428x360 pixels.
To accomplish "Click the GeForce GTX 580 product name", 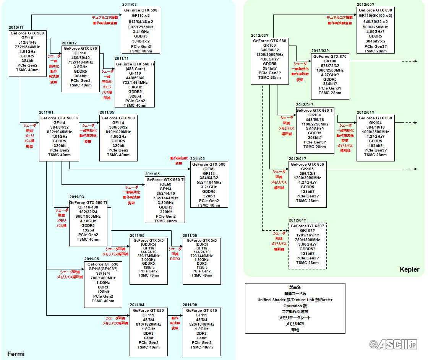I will (27, 33).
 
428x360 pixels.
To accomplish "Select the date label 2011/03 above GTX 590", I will (130, 4).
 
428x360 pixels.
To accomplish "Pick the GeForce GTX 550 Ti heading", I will (88, 202).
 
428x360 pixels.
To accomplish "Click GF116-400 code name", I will (88, 207).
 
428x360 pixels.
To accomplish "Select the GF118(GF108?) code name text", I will (103, 269).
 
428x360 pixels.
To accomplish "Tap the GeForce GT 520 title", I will (149, 310).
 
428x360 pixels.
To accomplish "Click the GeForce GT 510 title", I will (201, 310).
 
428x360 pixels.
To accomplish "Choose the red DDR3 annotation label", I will (175, 259).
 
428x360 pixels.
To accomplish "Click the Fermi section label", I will (16, 354).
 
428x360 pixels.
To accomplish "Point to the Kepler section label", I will (409, 269).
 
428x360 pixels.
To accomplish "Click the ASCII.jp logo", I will (393, 344).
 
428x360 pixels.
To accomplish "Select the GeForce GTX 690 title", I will (376, 10).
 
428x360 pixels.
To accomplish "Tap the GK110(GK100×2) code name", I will (376, 16).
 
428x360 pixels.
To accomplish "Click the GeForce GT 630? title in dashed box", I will (307, 226).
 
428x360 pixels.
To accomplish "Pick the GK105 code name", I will (307, 169).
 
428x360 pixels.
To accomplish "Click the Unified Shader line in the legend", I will (295, 300).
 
